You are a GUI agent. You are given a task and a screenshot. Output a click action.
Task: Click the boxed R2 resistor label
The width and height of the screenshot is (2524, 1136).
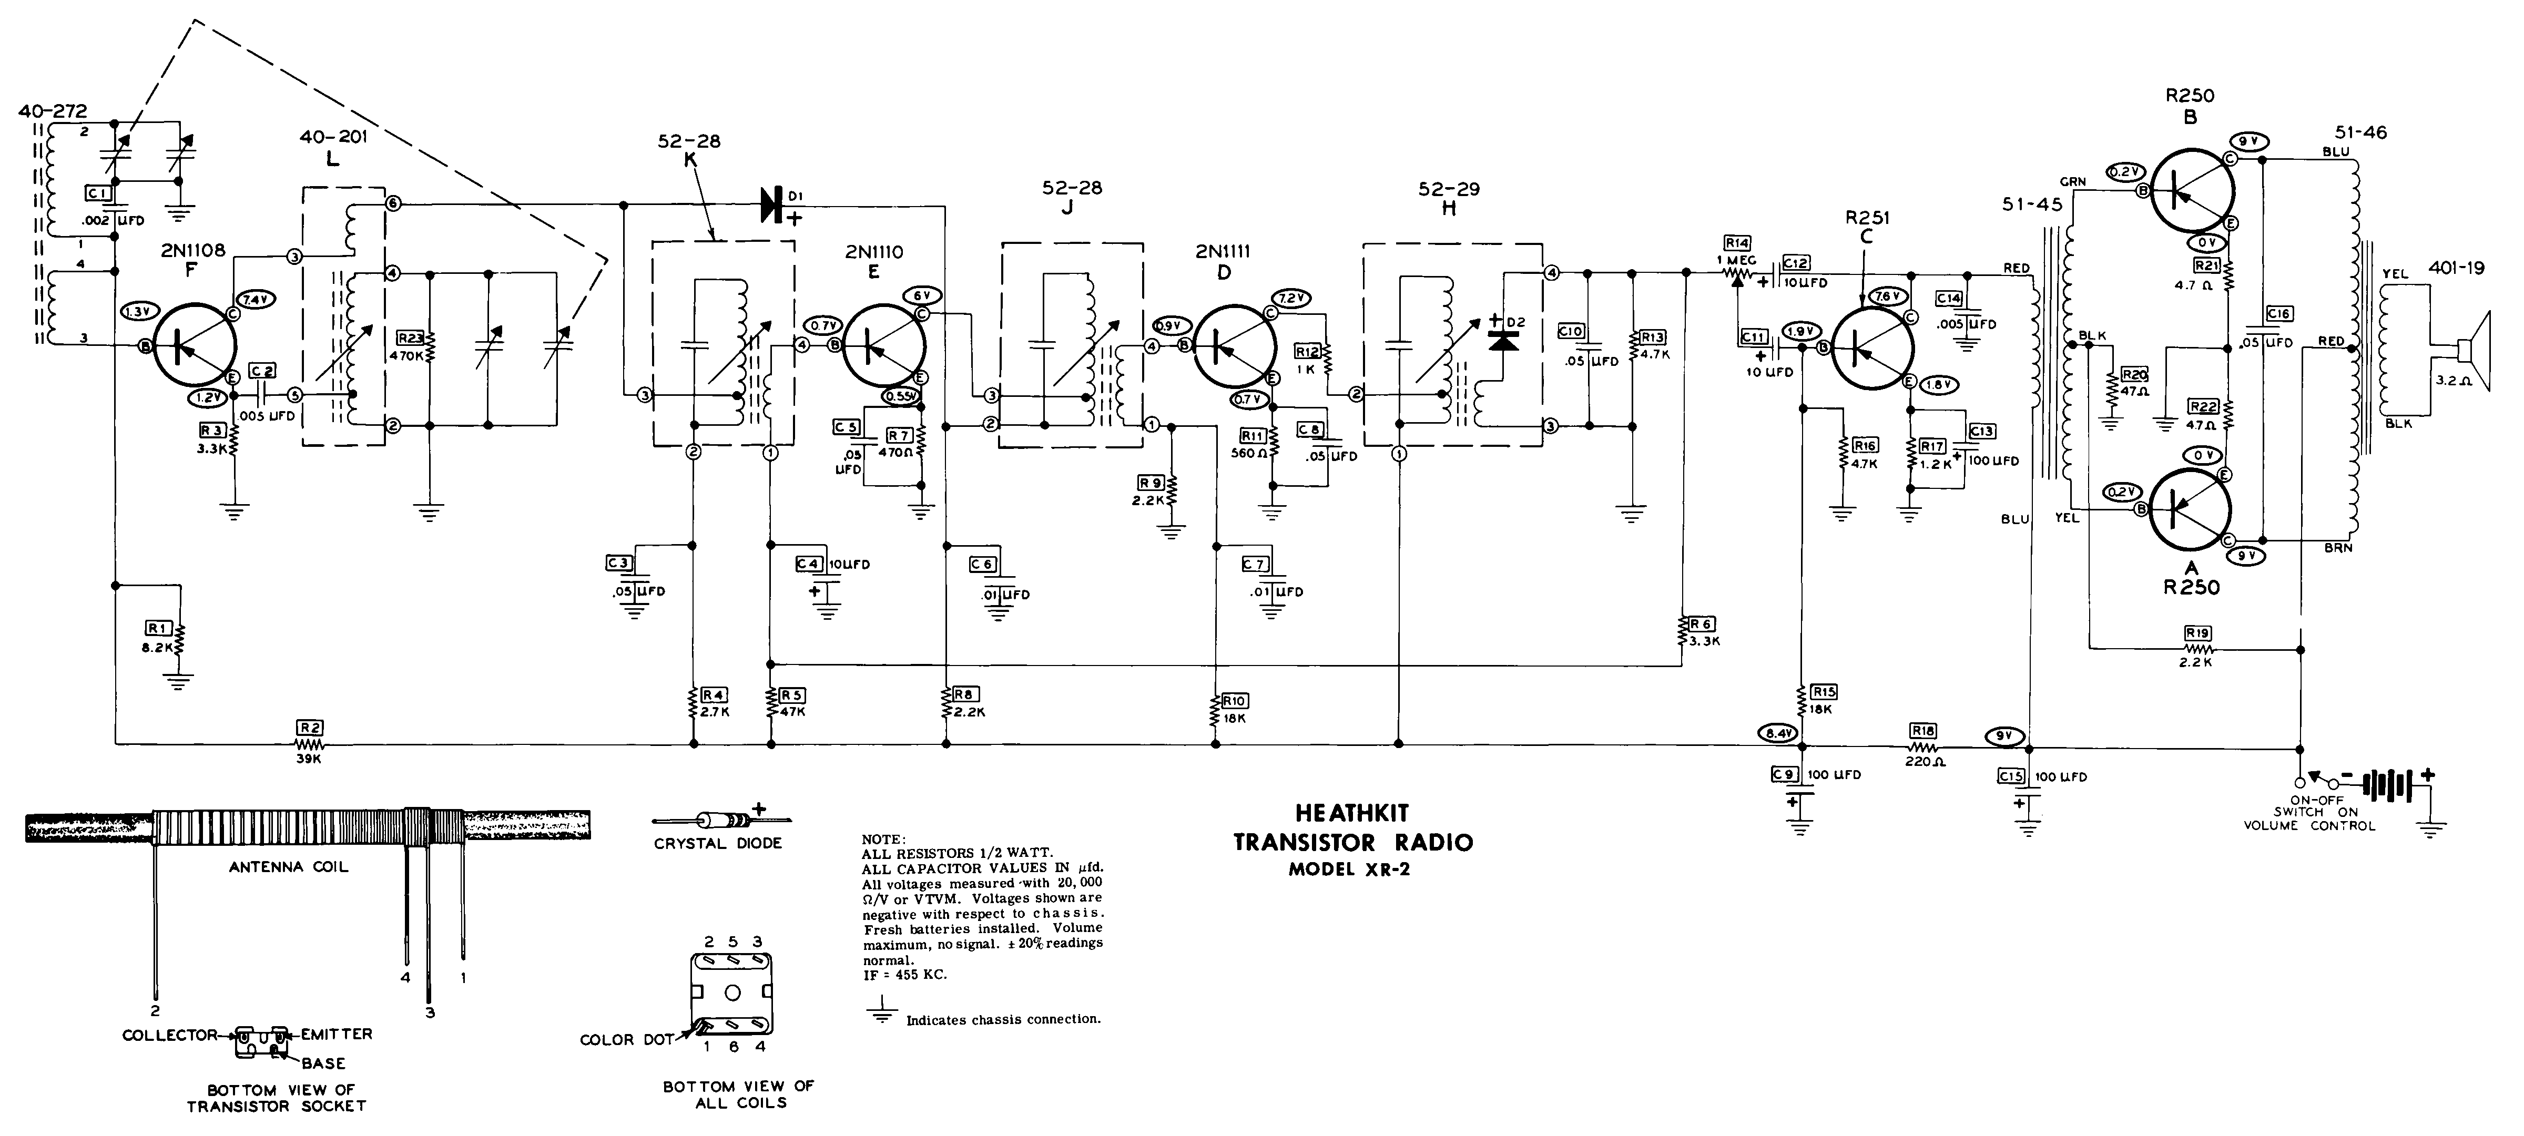[x=311, y=728]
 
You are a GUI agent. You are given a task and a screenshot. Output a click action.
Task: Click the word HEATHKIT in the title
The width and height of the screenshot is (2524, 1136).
[x=1351, y=813]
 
